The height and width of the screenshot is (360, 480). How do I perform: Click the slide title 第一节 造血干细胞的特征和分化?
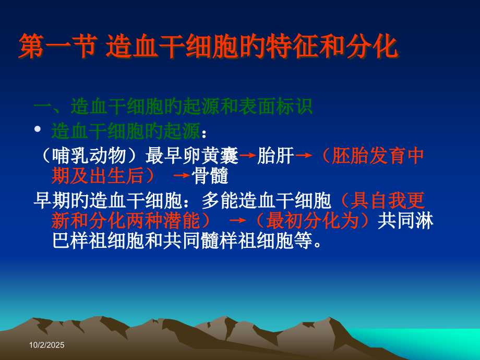[208, 46]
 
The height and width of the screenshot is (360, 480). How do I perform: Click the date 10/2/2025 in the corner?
[47, 345]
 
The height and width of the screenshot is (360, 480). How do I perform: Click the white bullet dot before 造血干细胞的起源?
[37, 129]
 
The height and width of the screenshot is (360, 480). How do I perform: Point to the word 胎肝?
[276, 155]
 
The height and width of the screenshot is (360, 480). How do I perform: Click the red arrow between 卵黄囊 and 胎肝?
[248, 155]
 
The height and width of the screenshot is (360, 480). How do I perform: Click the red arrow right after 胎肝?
[304, 155]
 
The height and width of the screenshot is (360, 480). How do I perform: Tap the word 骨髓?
[211, 176]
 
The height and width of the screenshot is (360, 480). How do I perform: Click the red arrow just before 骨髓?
[182, 176]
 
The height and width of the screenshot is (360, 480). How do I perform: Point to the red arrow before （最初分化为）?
[237, 221]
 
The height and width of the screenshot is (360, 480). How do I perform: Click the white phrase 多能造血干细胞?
[267, 200]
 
